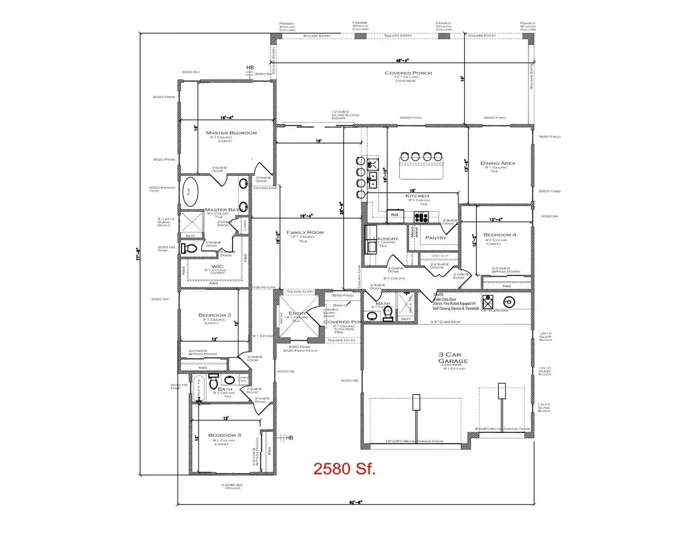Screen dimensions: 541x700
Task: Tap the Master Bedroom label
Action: (x=231, y=133)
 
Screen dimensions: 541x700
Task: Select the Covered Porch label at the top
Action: (x=400, y=74)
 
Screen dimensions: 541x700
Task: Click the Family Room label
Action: (x=304, y=233)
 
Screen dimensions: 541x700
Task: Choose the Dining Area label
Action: (x=498, y=163)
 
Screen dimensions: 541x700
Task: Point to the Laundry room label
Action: (x=386, y=239)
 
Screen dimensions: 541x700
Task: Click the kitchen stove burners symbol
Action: (x=421, y=217)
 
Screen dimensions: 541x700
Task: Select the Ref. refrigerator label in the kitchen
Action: (x=395, y=215)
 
